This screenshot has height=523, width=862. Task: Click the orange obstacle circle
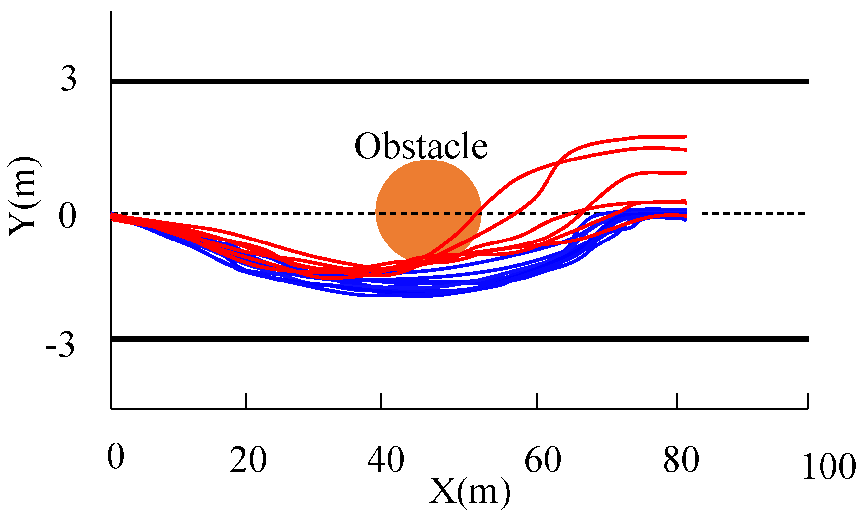tap(428, 198)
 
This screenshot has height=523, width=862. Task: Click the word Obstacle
tap(421, 147)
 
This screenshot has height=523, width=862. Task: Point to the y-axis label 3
tap(69, 79)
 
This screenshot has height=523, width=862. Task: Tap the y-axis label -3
tap(61, 346)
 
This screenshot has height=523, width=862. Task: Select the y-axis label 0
tap(68, 216)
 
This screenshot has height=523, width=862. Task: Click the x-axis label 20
tap(248, 460)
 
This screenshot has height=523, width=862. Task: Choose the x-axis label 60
tap(543, 460)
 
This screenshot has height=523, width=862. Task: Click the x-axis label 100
tap(828, 467)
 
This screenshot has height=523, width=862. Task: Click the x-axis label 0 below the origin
tap(116, 456)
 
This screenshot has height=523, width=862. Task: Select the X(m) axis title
tap(469, 492)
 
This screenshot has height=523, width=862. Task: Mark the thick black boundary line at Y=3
tap(459, 81)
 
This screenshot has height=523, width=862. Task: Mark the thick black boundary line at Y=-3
tap(459, 339)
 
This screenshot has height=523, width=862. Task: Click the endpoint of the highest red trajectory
tap(685, 136)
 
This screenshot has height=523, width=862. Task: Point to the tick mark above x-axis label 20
tap(246, 401)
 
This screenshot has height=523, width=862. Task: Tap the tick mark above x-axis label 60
tap(537, 401)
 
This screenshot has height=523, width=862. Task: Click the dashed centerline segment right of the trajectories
tap(753, 214)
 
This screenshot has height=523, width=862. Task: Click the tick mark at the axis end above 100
tap(808, 401)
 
